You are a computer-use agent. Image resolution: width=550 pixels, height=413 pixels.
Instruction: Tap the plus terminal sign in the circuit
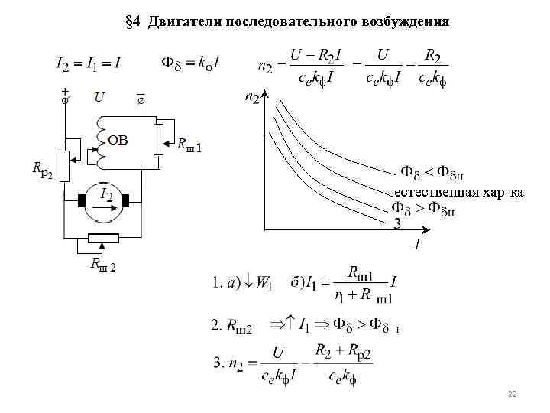coord(64,90)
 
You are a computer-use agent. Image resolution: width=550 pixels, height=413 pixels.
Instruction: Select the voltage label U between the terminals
coord(100,97)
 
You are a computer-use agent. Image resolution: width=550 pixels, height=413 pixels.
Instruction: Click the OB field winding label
coord(118,140)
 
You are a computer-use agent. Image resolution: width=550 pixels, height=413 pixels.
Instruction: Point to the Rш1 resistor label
coord(189,144)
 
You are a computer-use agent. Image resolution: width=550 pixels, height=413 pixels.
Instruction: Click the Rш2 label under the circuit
coord(102,265)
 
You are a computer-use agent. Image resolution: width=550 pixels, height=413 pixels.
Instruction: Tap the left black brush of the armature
coord(82,201)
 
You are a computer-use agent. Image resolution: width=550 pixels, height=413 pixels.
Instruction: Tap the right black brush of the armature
coord(128,201)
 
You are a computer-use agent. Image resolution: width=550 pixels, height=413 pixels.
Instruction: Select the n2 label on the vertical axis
coord(252,97)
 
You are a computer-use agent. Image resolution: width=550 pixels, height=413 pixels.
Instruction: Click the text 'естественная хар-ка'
coord(458,191)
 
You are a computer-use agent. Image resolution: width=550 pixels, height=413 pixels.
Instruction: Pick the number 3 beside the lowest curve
coord(396,224)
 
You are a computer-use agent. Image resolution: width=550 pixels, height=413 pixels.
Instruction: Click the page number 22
coord(513,393)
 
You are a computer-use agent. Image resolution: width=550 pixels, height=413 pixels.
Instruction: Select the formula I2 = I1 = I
coord(88,63)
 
